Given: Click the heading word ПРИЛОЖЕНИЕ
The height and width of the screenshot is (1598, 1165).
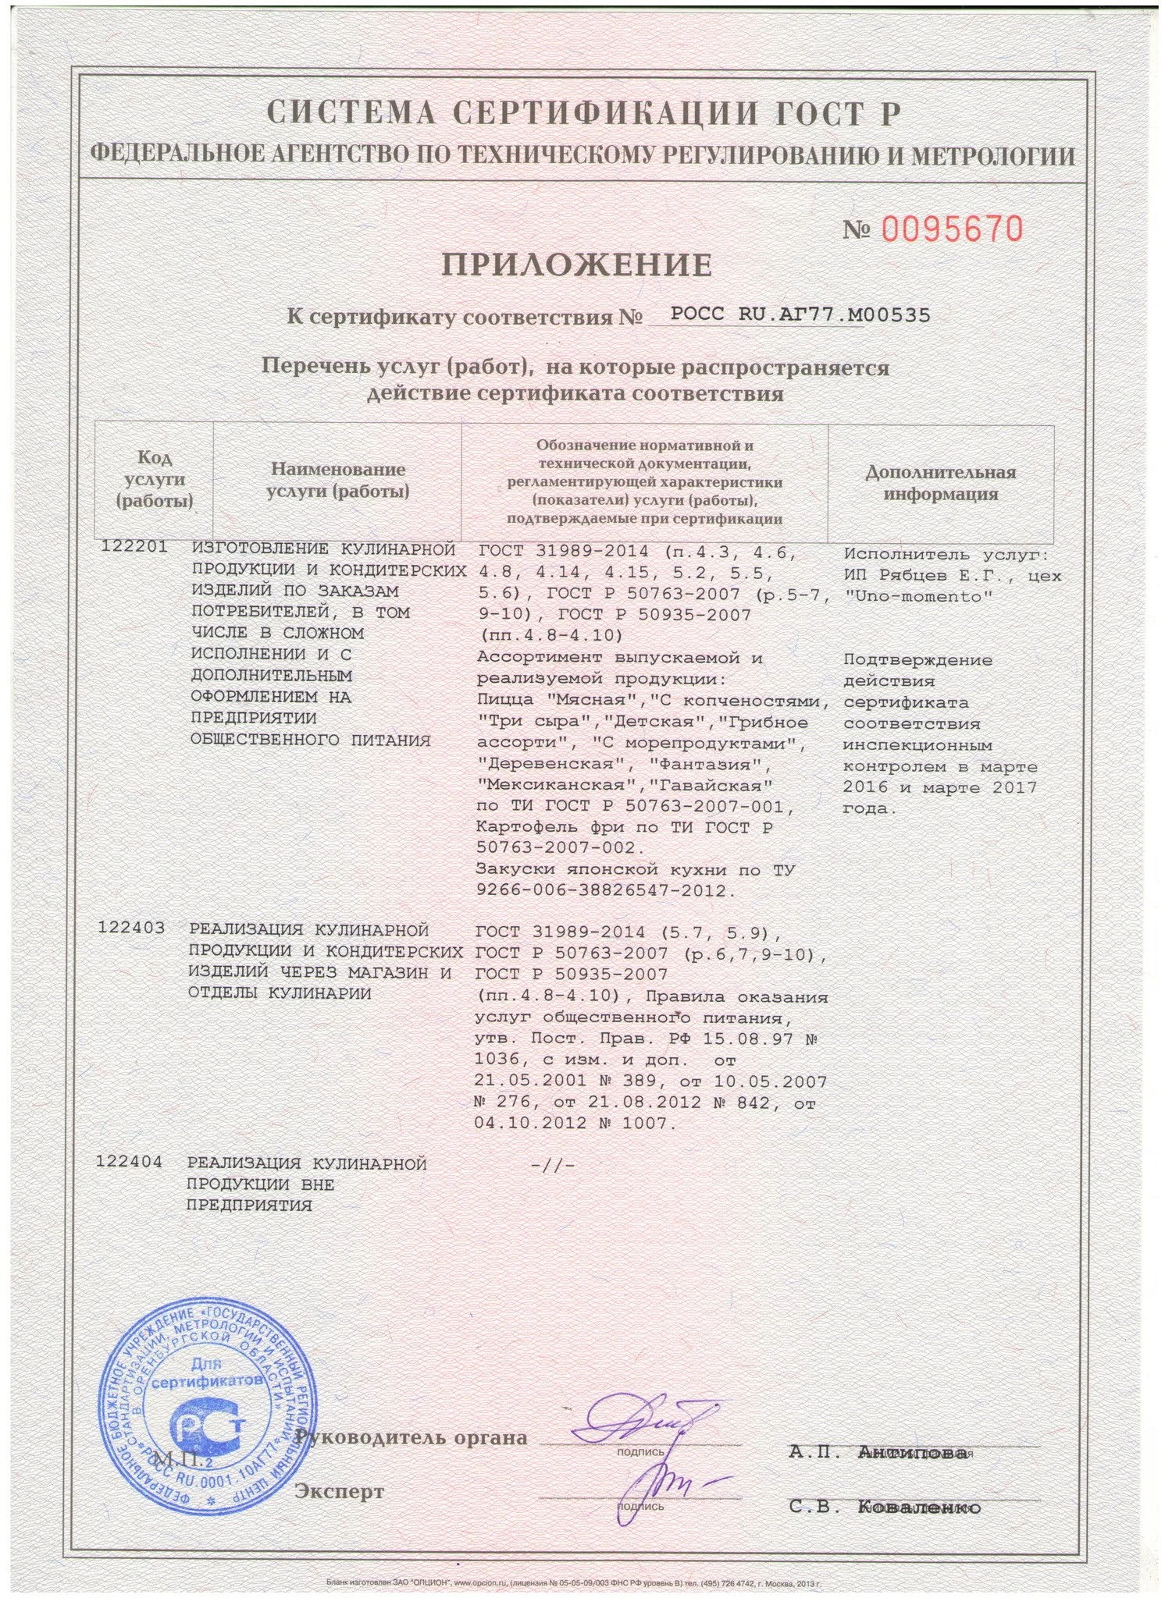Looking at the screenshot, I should coord(577,265).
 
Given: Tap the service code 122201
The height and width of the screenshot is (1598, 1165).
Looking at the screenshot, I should coord(134,547).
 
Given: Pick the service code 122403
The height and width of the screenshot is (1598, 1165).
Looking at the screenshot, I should coord(131,929).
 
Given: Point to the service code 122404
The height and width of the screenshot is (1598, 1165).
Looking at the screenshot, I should coord(129,1162).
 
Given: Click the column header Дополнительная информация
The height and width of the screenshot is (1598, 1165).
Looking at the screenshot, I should coord(940,483).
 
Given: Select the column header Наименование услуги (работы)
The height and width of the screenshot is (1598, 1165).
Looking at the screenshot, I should coord(337,481).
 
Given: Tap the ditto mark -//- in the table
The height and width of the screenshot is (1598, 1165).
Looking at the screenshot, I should coord(552,1166).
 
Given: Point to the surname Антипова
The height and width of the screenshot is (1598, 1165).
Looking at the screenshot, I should coord(911,1452).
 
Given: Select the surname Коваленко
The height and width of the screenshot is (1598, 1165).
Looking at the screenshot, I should coord(918,1508).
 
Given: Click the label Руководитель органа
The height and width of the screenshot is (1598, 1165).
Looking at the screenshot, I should coord(411,1437).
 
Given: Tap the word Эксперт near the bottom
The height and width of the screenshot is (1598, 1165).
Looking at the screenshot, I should coord(339,1492).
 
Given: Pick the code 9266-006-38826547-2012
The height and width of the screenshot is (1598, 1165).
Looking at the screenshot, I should coord(605,890).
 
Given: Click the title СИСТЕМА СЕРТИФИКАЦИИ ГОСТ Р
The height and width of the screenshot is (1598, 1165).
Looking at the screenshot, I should coord(584,114).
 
